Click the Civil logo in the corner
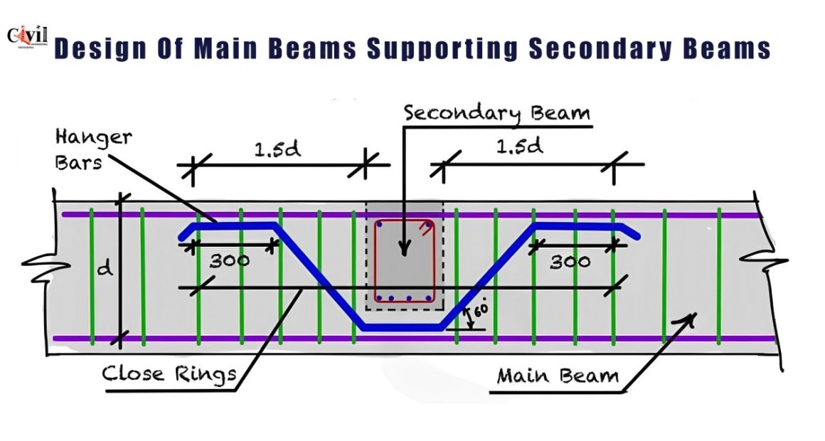pyautogui.click(x=27, y=38)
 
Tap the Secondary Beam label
pyautogui.click(x=496, y=113)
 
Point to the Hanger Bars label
pyautogui.click(x=92, y=150)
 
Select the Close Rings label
pyautogui.click(x=169, y=373)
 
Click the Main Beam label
pyautogui.click(x=558, y=376)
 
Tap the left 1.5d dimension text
pyautogui.click(x=277, y=149)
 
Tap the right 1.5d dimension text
pyautogui.click(x=519, y=147)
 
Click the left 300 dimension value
pyautogui.click(x=230, y=260)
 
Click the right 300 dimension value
pyautogui.click(x=570, y=262)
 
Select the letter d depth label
pyautogui.click(x=105, y=268)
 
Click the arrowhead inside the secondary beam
pyautogui.click(x=403, y=248)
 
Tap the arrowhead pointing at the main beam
pyautogui.click(x=689, y=319)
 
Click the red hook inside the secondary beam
pyautogui.click(x=425, y=228)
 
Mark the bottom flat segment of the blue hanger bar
pyautogui.click(x=402, y=327)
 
